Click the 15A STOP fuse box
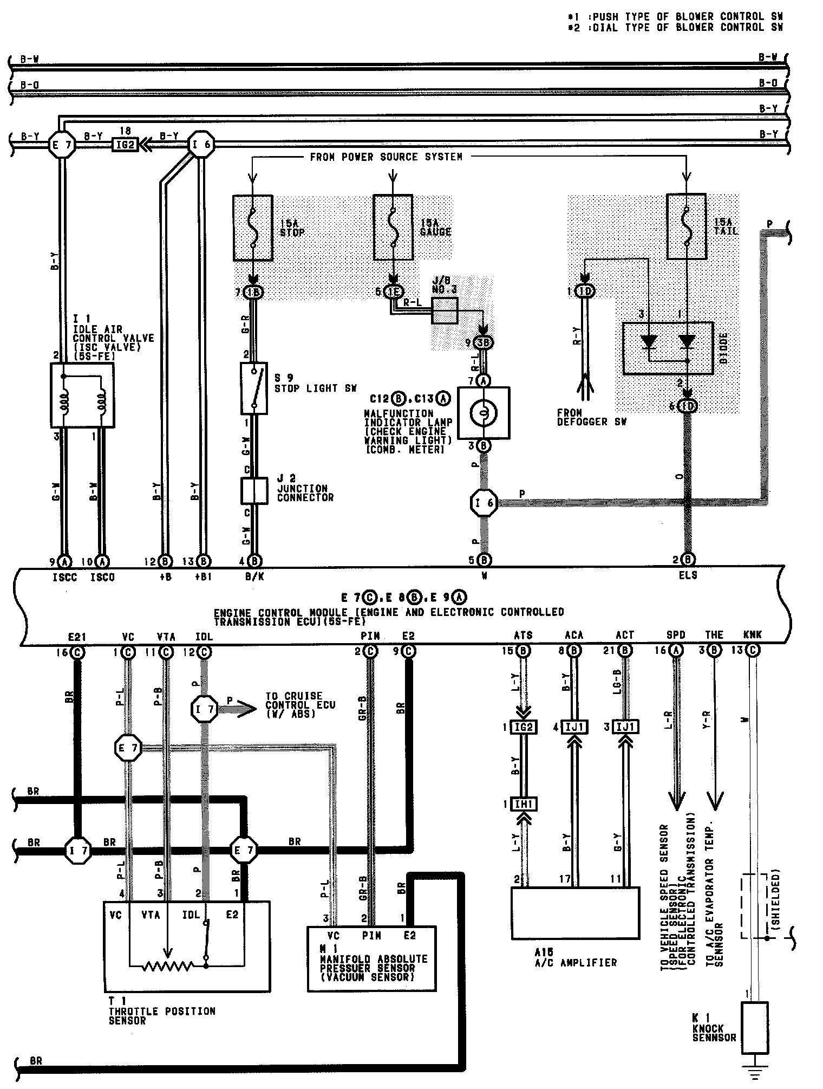pyautogui.click(x=252, y=228)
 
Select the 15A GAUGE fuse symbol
pyautogui.click(x=393, y=228)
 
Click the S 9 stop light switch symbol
pyautogui.click(x=253, y=388)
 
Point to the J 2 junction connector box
pyautogui.click(x=254, y=491)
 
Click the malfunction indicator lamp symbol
pyautogui.click(x=484, y=412)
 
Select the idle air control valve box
pyautogui.click(x=82, y=395)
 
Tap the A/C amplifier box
pyautogui.click(x=575, y=913)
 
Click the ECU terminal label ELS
pyautogui.click(x=688, y=575)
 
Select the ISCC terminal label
pyautogui.click(x=64, y=578)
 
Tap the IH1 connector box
pyautogui.click(x=523, y=805)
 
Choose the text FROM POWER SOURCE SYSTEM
pyautogui.click(x=386, y=157)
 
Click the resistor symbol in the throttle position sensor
pyautogui.click(x=168, y=965)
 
